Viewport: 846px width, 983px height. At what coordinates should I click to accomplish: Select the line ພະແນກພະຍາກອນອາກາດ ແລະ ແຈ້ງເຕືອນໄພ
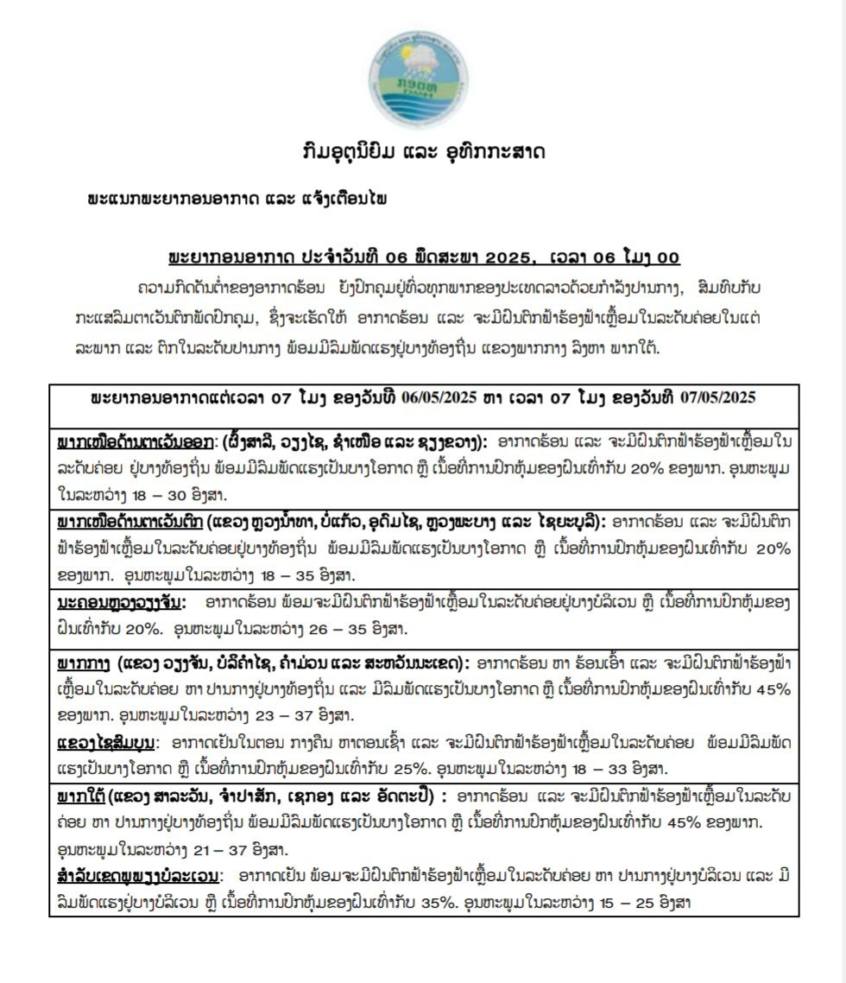[x=237, y=200]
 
